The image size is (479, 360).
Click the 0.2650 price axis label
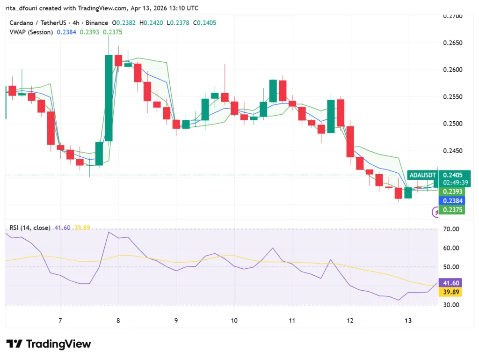(452, 43)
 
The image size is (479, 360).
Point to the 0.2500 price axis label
(452, 124)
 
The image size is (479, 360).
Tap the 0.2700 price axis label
(452, 16)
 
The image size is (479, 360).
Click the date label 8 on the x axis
(118, 320)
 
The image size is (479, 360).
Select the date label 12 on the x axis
(350, 320)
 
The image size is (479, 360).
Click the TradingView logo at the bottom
(49, 344)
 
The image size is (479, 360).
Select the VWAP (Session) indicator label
(31, 32)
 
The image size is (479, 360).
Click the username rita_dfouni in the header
(25, 8)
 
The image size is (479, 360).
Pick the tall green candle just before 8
(109, 97)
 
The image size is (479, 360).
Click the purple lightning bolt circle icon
(436, 213)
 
